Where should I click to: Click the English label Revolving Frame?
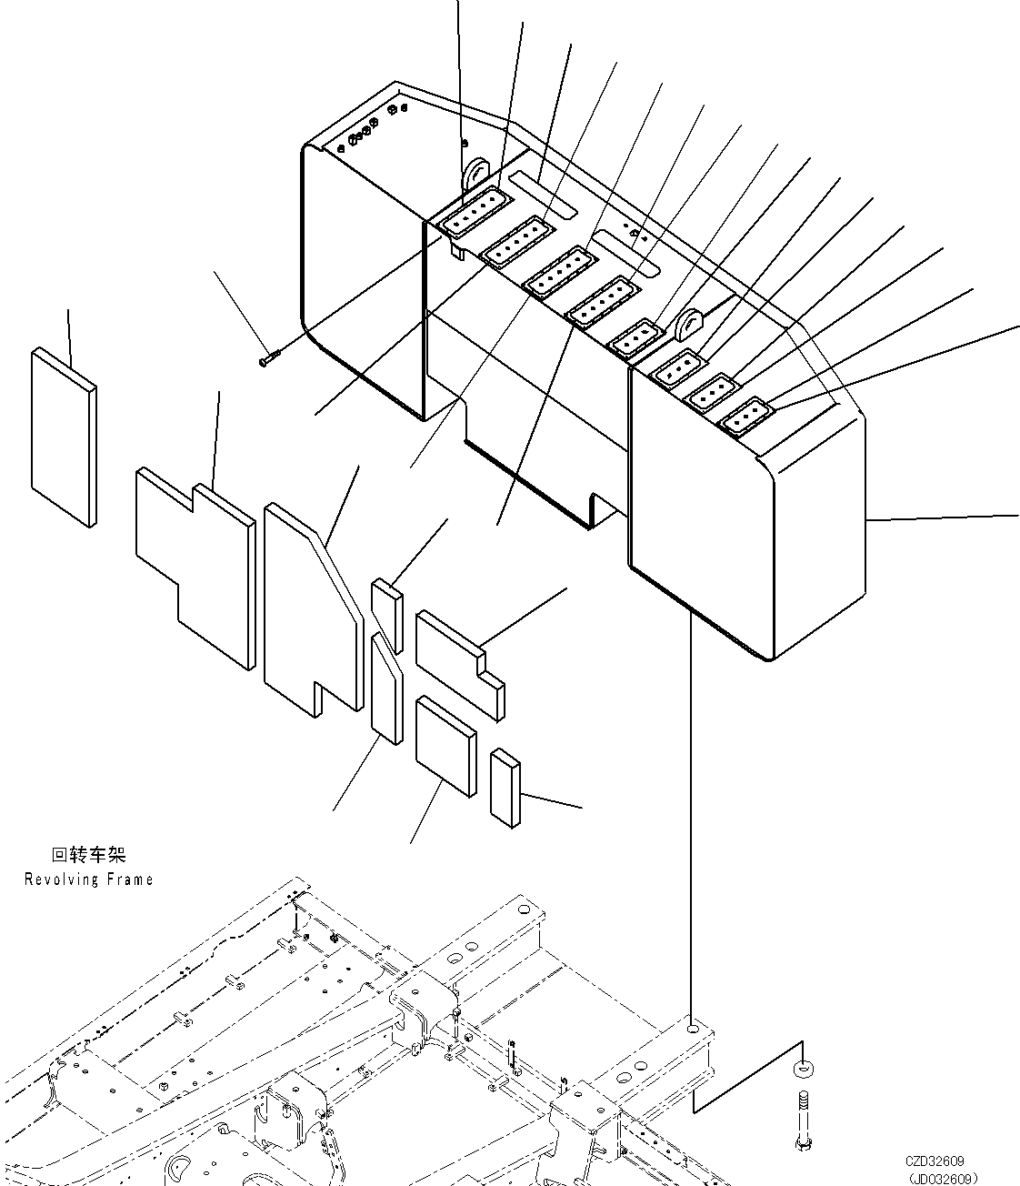click(x=88, y=879)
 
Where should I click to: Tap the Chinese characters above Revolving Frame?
click(x=88, y=855)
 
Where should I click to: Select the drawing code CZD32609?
click(x=934, y=1161)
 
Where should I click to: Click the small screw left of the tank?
click(x=270, y=357)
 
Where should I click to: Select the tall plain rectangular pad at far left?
click(x=63, y=435)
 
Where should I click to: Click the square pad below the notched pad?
click(x=445, y=746)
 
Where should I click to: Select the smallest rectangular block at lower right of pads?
click(x=505, y=788)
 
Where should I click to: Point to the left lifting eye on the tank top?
click(x=476, y=173)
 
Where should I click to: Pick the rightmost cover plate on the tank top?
click(x=746, y=415)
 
